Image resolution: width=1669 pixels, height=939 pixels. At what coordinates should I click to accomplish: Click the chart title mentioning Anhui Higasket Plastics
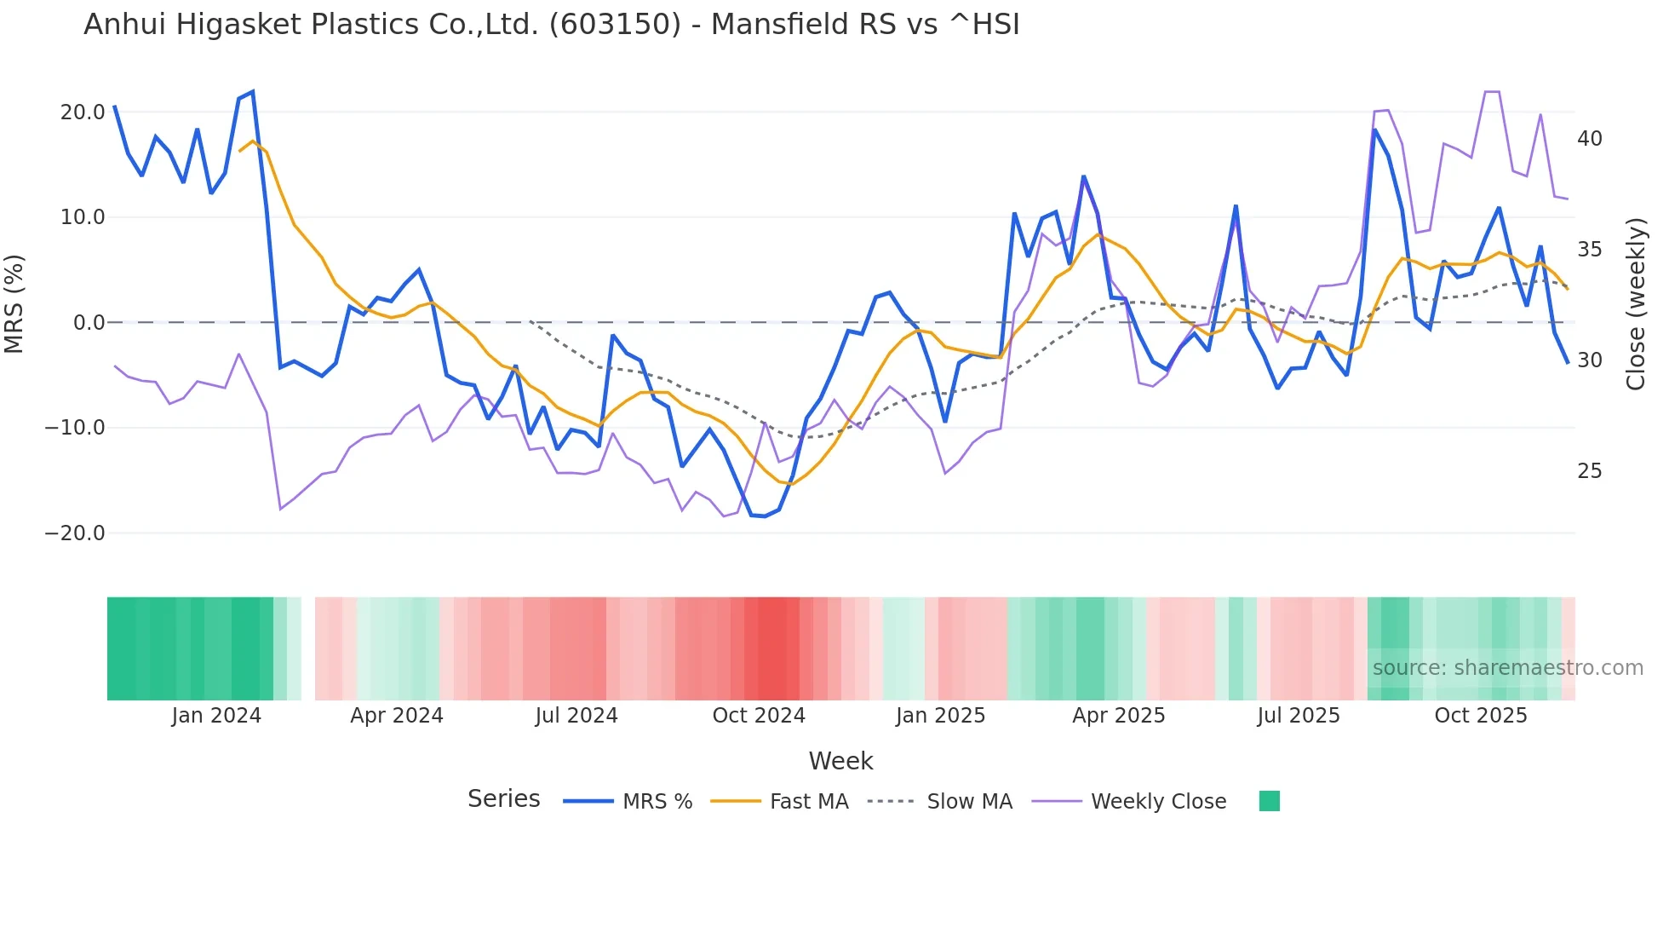click(551, 25)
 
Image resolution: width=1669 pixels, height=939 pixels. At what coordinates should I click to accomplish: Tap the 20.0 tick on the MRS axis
click(83, 112)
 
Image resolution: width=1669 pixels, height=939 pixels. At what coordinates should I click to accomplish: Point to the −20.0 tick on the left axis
click(75, 533)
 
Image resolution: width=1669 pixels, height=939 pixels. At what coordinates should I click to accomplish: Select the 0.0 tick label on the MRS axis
click(89, 323)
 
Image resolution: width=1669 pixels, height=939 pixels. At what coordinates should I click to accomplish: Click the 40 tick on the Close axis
click(1589, 139)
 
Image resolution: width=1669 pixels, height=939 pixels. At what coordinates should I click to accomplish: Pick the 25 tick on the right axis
click(1589, 471)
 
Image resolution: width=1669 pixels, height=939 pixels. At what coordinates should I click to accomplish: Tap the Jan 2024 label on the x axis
click(216, 716)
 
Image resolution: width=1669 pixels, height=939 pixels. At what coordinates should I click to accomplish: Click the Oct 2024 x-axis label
click(759, 716)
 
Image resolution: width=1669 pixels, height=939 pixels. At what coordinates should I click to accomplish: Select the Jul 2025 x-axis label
click(1299, 716)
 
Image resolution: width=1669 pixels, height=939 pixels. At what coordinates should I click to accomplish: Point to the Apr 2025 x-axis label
click(1118, 716)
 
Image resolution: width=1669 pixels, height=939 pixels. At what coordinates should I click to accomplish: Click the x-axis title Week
click(840, 761)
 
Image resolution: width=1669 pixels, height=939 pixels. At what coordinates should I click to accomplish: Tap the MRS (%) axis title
click(14, 303)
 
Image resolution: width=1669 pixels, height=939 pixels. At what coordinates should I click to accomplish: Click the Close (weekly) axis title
click(1635, 304)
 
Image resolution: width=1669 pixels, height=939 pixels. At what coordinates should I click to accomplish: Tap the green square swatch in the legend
click(1269, 801)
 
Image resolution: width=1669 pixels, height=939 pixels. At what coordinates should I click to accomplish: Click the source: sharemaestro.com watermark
click(1507, 668)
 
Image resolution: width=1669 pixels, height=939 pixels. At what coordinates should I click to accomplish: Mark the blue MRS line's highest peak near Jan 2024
click(252, 92)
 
